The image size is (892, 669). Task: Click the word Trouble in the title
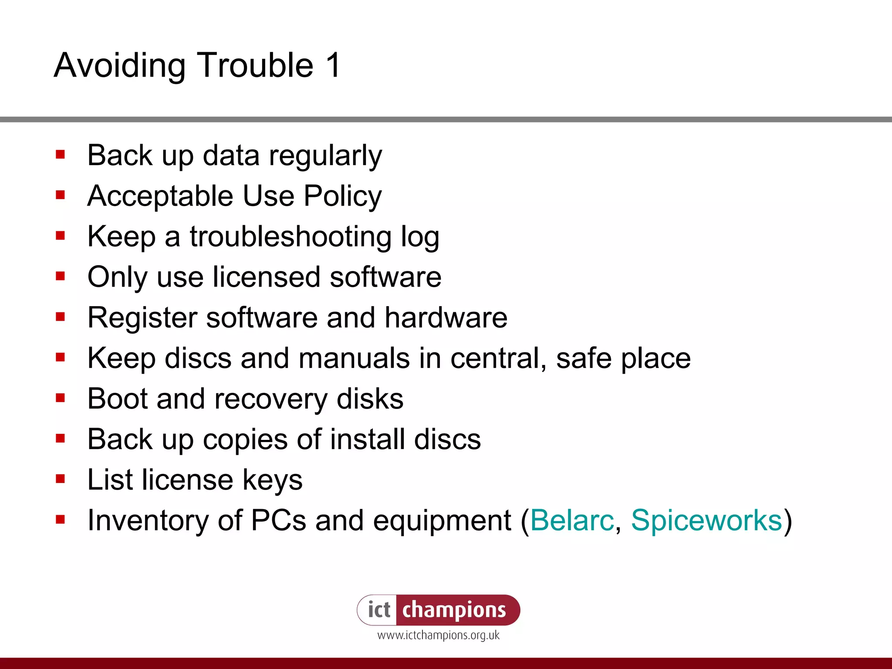(x=256, y=65)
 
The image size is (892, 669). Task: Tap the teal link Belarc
(x=572, y=520)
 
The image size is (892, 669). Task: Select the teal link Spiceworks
(x=706, y=520)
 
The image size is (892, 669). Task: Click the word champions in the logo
(x=454, y=610)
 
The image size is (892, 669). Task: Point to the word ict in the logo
(x=379, y=610)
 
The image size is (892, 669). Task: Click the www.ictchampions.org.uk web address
(x=438, y=635)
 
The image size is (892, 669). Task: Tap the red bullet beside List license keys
(x=61, y=479)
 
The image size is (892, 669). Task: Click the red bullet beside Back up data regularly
(x=61, y=155)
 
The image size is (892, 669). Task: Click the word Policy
(x=342, y=196)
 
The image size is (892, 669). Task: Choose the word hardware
(x=446, y=318)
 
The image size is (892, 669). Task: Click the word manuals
(x=354, y=358)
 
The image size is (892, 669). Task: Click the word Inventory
(x=148, y=520)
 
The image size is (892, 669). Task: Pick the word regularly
(x=325, y=156)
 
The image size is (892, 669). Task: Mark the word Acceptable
(x=160, y=196)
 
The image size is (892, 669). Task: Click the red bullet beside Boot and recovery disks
(x=61, y=398)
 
